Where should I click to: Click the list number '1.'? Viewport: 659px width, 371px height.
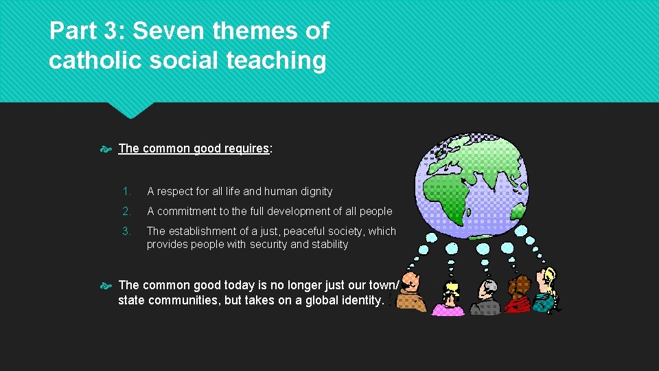(126, 192)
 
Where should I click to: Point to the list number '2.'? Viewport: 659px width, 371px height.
(126, 212)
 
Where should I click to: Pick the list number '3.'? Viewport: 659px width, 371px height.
(126, 232)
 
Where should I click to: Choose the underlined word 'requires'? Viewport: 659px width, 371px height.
(246, 148)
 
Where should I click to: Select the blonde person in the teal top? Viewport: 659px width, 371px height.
(546, 292)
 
